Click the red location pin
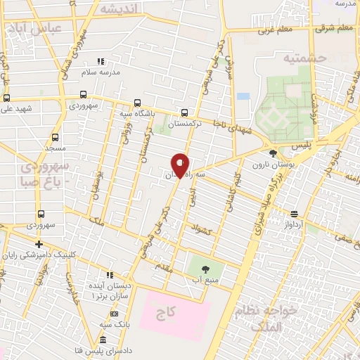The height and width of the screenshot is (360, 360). pos(181,165)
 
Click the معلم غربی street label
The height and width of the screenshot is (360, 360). pos(274,30)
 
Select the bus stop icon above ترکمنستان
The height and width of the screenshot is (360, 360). pos(184,112)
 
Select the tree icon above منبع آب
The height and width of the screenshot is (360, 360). pos(205,268)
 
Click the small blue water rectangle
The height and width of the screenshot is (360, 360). pos(243,96)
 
